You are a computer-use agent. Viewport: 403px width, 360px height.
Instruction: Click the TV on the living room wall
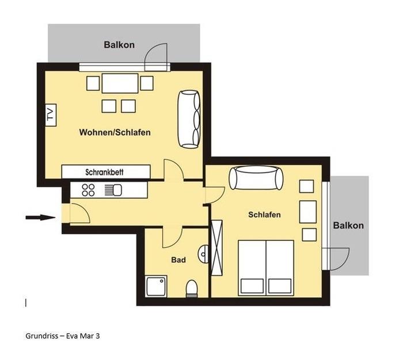point(51,115)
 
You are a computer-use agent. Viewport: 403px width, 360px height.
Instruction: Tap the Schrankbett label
point(104,172)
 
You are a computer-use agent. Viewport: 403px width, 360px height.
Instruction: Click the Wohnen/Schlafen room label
point(115,132)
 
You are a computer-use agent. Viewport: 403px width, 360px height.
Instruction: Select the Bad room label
point(178,260)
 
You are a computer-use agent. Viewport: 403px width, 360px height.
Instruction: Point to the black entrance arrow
point(40,217)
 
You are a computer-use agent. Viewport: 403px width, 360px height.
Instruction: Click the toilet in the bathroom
point(192,289)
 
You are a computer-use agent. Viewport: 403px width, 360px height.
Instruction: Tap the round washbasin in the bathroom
point(203,254)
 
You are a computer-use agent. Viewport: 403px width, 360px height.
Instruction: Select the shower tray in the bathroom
point(156,286)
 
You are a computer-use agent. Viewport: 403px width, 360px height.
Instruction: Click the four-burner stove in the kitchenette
point(88,190)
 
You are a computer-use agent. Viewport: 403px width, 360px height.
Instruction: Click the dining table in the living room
point(120,83)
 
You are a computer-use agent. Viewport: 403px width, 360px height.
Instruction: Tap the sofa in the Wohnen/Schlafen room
point(189,119)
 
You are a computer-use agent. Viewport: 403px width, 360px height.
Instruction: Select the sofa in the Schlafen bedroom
point(256,178)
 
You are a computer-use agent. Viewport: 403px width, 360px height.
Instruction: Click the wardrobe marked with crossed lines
point(216,248)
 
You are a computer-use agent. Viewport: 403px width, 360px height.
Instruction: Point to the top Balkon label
point(119,45)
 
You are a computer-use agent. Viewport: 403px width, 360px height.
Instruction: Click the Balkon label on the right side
point(348,225)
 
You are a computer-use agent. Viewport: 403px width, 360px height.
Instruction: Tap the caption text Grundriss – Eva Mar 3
point(62,336)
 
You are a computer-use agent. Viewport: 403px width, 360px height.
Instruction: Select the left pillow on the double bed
point(252,286)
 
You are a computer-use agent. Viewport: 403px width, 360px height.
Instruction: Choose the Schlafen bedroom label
point(264,215)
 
